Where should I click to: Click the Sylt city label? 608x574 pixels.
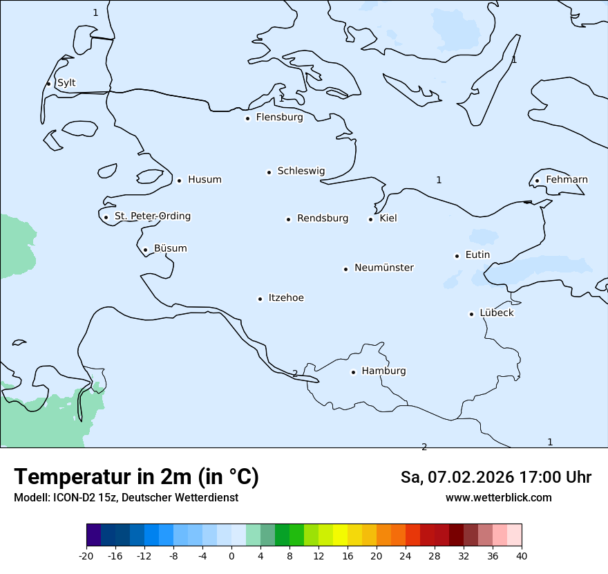(x=66, y=83)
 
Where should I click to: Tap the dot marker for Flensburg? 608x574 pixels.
(x=247, y=118)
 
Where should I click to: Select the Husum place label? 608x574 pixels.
(x=205, y=180)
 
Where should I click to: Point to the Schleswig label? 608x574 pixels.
(x=301, y=171)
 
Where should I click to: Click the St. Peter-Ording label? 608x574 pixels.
(x=152, y=216)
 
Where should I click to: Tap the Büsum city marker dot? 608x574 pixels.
(x=145, y=250)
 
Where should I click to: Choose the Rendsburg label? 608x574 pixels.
(x=323, y=219)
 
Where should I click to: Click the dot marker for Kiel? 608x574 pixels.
(x=370, y=219)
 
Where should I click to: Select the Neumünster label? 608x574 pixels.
(x=384, y=268)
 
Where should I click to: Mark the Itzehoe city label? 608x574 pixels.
(x=286, y=298)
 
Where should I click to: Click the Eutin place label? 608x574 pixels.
(x=477, y=255)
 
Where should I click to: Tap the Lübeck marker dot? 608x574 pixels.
(x=472, y=314)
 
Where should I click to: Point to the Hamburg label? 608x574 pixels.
(x=383, y=371)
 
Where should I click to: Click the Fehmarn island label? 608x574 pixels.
(x=567, y=180)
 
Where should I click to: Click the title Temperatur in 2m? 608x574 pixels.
(x=136, y=477)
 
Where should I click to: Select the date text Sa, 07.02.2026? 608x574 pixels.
(x=456, y=477)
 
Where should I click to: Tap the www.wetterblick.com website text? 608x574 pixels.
(x=498, y=498)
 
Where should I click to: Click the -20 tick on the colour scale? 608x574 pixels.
(x=86, y=556)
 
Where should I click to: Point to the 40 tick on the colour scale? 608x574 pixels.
(x=522, y=556)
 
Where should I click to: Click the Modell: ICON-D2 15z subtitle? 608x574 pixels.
(x=66, y=498)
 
